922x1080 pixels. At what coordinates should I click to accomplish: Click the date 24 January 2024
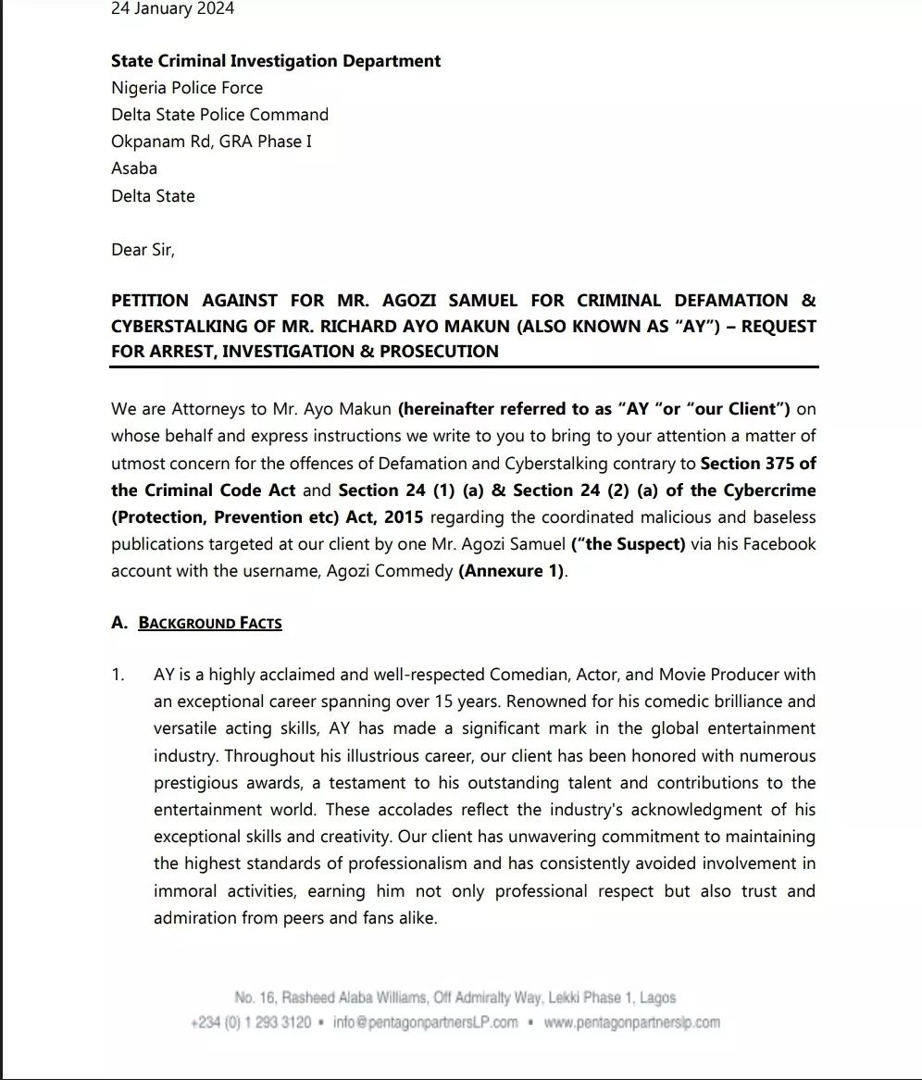click(x=172, y=9)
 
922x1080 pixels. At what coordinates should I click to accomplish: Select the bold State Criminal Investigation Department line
click(x=276, y=61)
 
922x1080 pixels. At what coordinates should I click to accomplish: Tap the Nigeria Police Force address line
click(x=187, y=88)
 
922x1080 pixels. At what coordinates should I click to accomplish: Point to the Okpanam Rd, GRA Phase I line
click(x=211, y=142)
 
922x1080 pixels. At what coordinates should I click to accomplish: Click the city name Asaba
click(x=134, y=168)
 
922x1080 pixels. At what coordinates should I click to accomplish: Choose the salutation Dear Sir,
click(x=143, y=250)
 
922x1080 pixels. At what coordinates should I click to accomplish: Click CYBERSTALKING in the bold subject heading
click(x=174, y=327)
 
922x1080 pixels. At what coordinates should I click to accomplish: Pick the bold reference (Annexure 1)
click(x=511, y=571)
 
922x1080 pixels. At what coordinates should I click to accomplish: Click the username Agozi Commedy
click(x=390, y=571)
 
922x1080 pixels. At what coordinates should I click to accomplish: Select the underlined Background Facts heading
click(x=210, y=623)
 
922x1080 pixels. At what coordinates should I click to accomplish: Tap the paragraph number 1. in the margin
click(x=118, y=675)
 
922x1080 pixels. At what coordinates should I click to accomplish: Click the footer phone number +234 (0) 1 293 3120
click(x=250, y=1023)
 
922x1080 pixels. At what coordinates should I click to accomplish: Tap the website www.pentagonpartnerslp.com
click(x=631, y=1023)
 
